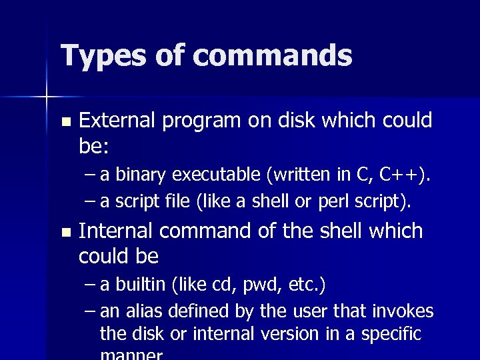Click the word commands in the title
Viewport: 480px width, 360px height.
pos(275,56)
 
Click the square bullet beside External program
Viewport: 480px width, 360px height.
pos(65,122)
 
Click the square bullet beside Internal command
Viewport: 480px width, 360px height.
pos(65,233)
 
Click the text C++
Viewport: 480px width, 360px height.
pos(403,175)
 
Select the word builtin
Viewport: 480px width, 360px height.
pos(141,285)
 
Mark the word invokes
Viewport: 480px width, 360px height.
pos(406,311)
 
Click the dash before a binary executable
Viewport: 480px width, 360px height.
pos(91,175)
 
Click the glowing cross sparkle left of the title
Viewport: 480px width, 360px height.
pos(47,97)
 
